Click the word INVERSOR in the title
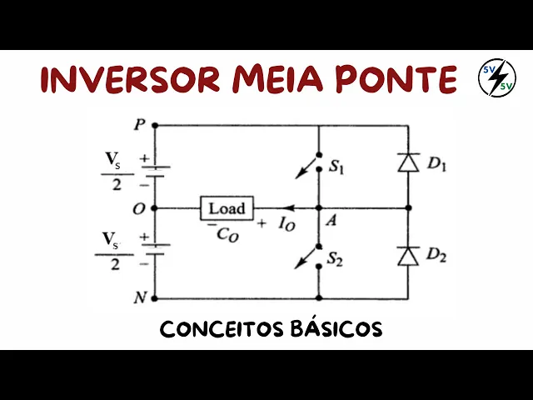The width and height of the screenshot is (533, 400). [x=129, y=79]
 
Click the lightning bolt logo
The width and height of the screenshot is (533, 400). [x=496, y=78]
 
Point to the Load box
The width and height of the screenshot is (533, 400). [x=227, y=207]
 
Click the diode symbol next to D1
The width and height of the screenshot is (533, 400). [x=408, y=163]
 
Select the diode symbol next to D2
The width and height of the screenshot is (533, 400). [x=408, y=256]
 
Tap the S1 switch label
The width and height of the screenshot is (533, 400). [x=336, y=167]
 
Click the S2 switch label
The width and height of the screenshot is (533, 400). [x=336, y=259]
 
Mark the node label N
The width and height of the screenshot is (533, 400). [x=138, y=297]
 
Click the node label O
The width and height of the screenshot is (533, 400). [x=138, y=207]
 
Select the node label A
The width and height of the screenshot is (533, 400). [x=331, y=221]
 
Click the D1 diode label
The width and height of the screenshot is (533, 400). [x=436, y=164]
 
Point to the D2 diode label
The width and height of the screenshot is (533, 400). [x=436, y=256]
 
